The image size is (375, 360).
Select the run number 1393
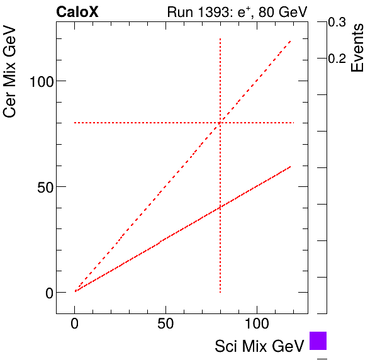click(215, 12)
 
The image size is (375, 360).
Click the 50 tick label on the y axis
click(42, 187)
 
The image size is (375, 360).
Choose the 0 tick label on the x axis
click(75, 325)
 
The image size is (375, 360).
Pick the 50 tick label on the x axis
click(165, 325)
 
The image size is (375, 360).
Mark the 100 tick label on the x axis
click(257, 325)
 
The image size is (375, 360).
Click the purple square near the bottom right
click(318, 340)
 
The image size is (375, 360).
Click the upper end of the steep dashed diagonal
click(291, 41)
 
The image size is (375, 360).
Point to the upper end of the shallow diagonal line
click(291, 166)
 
